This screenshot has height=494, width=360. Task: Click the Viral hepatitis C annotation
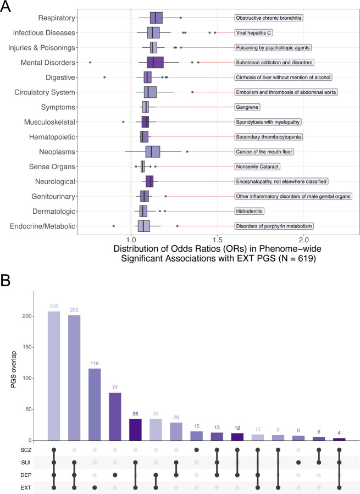(254, 32)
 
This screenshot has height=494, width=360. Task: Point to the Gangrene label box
(247, 107)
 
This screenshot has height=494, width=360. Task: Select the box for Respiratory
(156, 18)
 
